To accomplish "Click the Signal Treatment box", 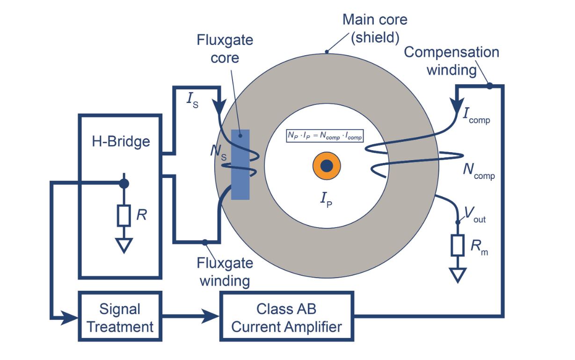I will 120,317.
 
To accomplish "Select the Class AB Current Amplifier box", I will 286,317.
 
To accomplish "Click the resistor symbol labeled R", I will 124,215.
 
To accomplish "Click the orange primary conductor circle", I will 327,166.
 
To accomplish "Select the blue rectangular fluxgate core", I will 240,164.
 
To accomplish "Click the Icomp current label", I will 476,116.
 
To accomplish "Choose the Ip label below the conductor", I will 327,200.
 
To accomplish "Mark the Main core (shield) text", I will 375,29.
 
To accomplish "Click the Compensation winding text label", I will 451,60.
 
